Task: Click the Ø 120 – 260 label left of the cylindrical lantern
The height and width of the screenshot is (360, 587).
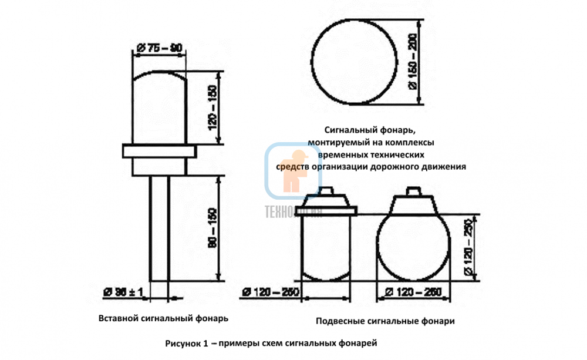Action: [x=271, y=292]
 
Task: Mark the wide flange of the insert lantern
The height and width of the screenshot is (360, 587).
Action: [x=159, y=152]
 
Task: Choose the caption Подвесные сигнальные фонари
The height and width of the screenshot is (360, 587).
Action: [x=385, y=321]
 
